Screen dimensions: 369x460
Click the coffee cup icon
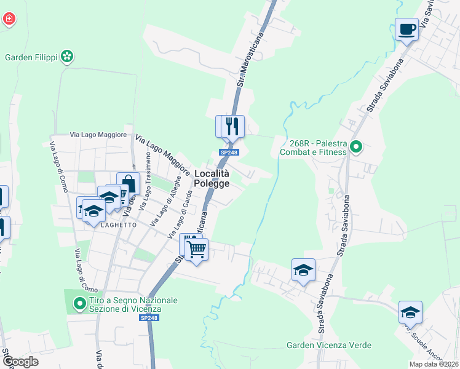click(x=407, y=29)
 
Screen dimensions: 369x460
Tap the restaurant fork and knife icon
click(x=232, y=126)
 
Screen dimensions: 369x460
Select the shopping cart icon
click(x=196, y=249)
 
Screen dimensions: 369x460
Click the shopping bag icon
click(x=128, y=183)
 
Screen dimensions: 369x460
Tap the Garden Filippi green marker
click(x=68, y=57)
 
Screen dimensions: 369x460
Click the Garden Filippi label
click(x=31, y=57)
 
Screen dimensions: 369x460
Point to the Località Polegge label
click(x=212, y=178)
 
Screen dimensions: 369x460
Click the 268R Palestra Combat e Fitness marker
click(x=357, y=147)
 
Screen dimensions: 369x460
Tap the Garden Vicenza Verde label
click(x=328, y=345)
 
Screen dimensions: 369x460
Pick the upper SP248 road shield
click(x=228, y=153)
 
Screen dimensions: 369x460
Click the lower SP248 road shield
click(x=149, y=317)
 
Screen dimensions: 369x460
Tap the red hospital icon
click(x=9, y=19)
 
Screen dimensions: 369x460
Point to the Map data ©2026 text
click(x=433, y=364)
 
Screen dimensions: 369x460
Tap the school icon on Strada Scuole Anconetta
click(x=410, y=312)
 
